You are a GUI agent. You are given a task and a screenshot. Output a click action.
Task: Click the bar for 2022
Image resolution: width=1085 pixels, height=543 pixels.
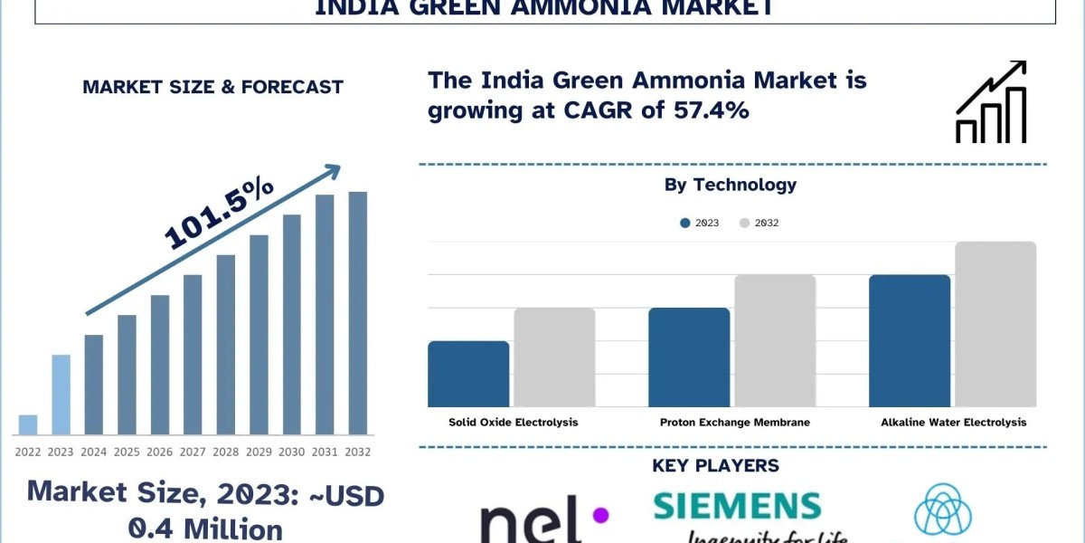pyautogui.click(x=28, y=424)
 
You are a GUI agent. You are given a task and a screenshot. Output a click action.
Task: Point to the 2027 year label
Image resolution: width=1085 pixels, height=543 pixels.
pyautogui.click(x=193, y=451)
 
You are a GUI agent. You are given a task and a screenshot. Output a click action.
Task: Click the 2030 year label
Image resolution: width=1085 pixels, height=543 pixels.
pyautogui.click(x=292, y=451)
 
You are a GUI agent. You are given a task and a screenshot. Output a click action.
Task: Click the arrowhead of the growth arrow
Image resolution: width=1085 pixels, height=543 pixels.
pyautogui.click(x=333, y=170)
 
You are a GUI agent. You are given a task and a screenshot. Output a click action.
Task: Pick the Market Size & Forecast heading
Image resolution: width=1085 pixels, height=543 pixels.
pyautogui.click(x=212, y=87)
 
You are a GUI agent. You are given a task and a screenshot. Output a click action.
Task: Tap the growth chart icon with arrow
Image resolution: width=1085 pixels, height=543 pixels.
pyautogui.click(x=991, y=102)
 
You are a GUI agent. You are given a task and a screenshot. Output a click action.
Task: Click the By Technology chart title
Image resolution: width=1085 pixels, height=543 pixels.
pyautogui.click(x=731, y=185)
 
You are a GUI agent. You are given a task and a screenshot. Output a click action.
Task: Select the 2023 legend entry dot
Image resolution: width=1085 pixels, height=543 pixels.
pyautogui.click(x=685, y=223)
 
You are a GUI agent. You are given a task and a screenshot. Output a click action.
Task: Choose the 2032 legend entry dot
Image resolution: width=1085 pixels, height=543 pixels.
pyautogui.click(x=745, y=223)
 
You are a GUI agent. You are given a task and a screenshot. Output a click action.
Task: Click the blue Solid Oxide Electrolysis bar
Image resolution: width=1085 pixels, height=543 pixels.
pyautogui.click(x=468, y=374)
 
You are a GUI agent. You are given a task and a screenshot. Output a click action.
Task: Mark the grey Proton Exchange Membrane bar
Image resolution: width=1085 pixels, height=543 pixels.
pyautogui.click(x=775, y=340)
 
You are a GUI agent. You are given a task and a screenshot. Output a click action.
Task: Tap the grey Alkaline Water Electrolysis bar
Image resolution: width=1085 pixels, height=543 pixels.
pyautogui.click(x=995, y=324)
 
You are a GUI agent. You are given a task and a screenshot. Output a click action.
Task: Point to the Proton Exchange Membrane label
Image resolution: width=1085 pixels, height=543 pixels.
pyautogui.click(x=734, y=422)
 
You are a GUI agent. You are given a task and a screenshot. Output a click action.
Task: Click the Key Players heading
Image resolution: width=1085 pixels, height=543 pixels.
pyautogui.click(x=715, y=466)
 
